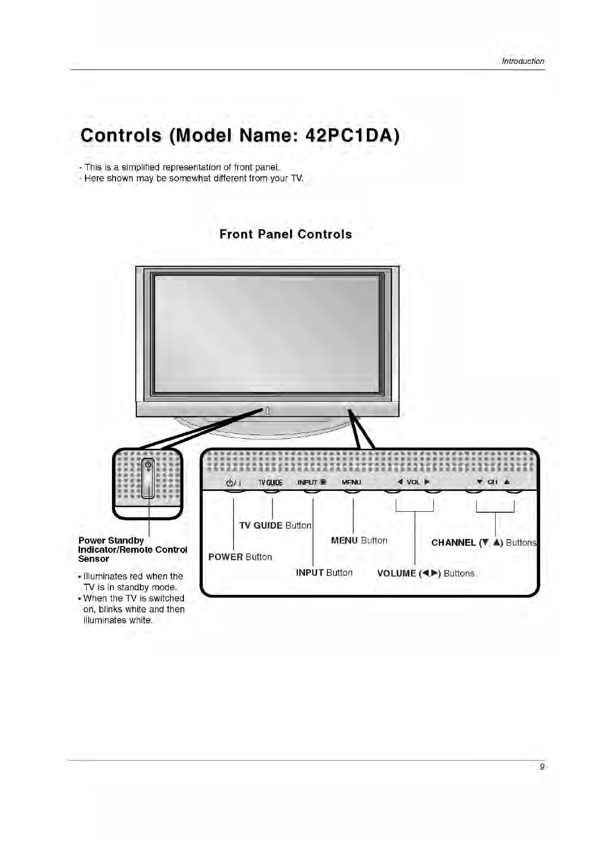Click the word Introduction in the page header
(x=522, y=61)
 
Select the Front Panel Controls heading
(x=285, y=234)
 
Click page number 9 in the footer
(x=542, y=767)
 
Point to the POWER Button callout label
(x=240, y=557)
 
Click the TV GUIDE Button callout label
(x=275, y=525)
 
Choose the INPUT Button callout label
(x=324, y=573)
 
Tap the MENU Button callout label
(x=359, y=541)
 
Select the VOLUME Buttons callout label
(x=426, y=573)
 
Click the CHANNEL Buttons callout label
(x=483, y=543)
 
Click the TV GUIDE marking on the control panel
(x=271, y=482)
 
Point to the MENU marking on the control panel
(x=351, y=482)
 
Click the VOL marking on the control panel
(x=413, y=482)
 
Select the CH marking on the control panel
(x=492, y=482)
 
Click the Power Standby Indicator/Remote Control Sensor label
(x=132, y=550)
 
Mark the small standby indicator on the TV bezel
(x=267, y=411)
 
